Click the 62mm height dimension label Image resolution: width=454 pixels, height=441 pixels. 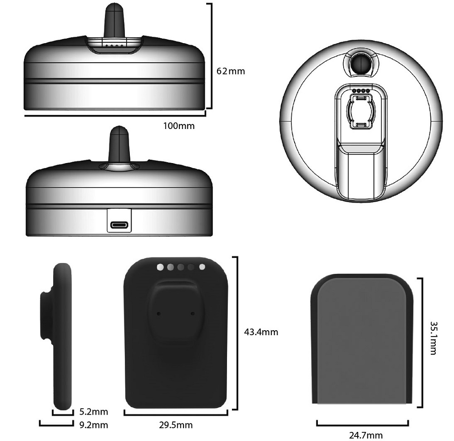pos(231,71)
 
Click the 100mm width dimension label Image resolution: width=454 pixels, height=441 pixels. pos(179,126)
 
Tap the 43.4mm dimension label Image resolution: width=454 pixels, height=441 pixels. pos(261,332)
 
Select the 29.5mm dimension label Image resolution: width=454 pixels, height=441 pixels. pos(176,425)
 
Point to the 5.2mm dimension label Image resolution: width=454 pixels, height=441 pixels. pos(94,412)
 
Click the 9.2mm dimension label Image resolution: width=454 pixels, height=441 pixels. pos(94,425)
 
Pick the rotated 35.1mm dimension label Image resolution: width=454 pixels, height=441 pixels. pos(433,338)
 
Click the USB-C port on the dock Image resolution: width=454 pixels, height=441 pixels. pos(119,225)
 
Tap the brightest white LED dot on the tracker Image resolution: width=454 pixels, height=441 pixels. pos(160,267)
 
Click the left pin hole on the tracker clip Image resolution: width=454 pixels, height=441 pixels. pos(158,313)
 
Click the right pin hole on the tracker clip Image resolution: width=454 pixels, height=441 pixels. pos(193,313)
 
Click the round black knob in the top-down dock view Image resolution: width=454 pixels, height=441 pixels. pos(361,65)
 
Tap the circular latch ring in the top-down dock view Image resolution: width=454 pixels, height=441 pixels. pos(361,111)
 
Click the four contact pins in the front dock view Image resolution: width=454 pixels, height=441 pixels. pos(114,46)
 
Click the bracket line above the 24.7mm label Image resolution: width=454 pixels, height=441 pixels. pos(362,425)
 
